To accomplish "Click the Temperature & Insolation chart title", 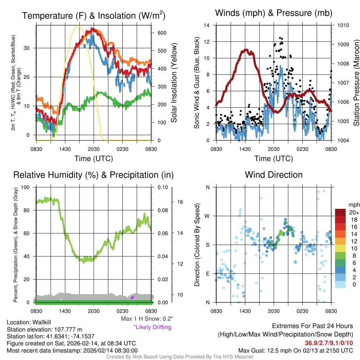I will (94, 15).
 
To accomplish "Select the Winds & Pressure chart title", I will (274, 13).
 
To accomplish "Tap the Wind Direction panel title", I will (274, 175).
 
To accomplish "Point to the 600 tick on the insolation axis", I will (162, 33).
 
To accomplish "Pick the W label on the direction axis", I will (208, 216).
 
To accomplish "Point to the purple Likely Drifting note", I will (152, 327).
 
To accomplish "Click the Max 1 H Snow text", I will (147, 319).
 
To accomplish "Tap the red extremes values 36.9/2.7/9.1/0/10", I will (329, 343).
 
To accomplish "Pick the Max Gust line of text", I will (295, 350).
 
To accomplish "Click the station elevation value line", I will (44, 329).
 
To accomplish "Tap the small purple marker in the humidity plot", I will (133, 297).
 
